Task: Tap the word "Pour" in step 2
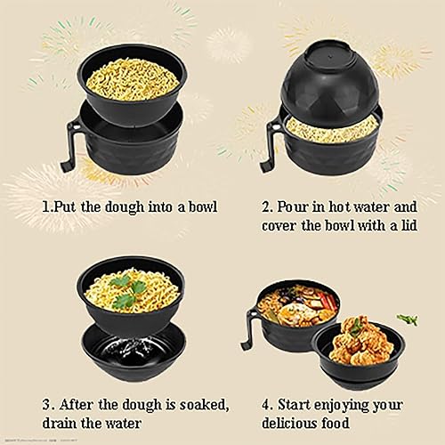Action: pos(294,206)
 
